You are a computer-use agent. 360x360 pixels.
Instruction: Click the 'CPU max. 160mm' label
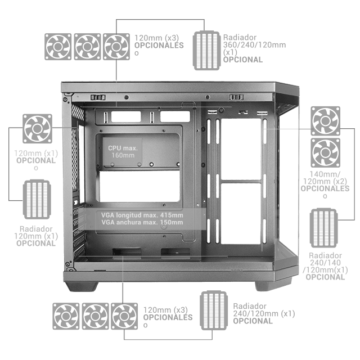(x=123, y=152)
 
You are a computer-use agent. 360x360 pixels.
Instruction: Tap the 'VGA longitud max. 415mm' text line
(x=142, y=215)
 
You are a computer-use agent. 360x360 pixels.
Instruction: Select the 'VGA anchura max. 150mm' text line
(x=142, y=222)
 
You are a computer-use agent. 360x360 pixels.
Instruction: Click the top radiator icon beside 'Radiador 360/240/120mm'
(x=206, y=51)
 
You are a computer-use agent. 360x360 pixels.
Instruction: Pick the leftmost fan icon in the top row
(x=58, y=47)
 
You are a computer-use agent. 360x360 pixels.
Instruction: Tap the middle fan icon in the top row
(x=87, y=47)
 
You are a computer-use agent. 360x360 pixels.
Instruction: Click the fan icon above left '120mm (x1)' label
(x=37, y=129)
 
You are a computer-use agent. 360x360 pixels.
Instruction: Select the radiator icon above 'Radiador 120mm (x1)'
(x=37, y=199)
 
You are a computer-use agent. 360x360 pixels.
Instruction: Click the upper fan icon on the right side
(x=325, y=121)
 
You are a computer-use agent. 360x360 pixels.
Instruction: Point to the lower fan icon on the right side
(x=325, y=152)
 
